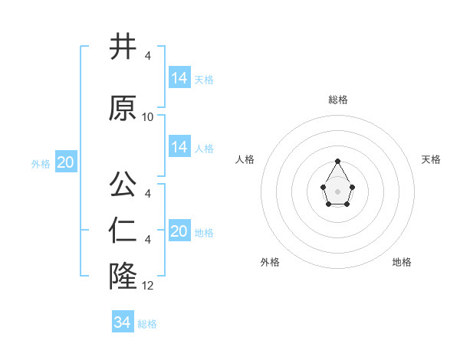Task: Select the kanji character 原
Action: click(x=123, y=108)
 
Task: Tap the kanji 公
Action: click(x=123, y=185)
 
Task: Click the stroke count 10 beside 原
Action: click(x=148, y=117)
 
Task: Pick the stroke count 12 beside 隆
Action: click(x=148, y=286)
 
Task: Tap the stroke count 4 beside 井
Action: click(x=148, y=55)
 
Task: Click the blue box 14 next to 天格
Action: click(x=179, y=77)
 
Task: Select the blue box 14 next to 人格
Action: click(x=179, y=146)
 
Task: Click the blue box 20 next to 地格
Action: click(x=179, y=231)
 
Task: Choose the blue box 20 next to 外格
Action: click(x=66, y=162)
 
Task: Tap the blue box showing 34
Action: click(x=123, y=322)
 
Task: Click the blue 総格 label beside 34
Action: click(x=147, y=324)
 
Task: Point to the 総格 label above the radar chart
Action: click(x=338, y=100)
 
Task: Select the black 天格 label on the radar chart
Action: click(x=431, y=159)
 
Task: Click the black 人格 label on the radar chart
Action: click(x=245, y=159)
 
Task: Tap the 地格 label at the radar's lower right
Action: click(x=402, y=262)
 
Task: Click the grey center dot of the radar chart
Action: click(x=338, y=190)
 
